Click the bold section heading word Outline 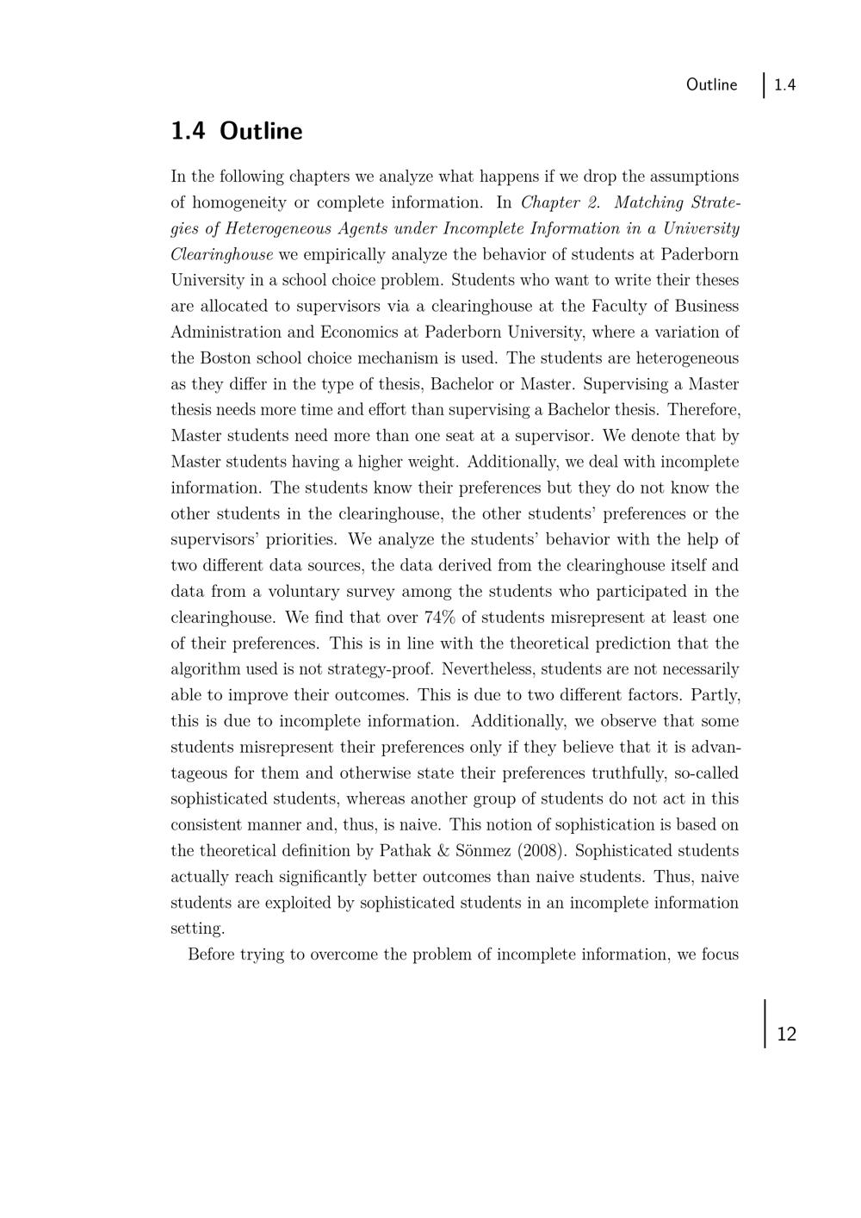pos(261,131)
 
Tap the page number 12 pos(786,1034)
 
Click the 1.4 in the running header pos(784,84)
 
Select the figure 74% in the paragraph pos(441,618)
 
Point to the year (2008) pos(542,851)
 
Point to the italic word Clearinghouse pos(221,254)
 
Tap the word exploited pos(291,903)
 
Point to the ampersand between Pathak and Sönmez pos(444,851)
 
